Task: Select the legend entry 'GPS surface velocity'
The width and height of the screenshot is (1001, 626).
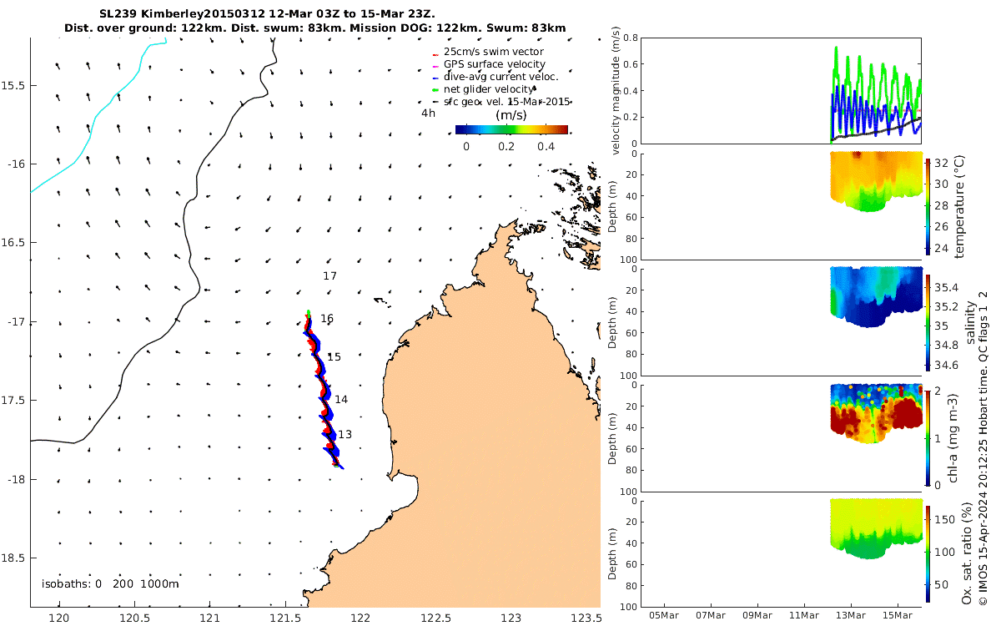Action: tap(494, 64)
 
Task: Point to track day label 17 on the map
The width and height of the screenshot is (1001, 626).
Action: tap(329, 275)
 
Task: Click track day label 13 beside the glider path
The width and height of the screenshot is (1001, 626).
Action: tap(345, 434)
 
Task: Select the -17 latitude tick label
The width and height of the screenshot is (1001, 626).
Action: tap(16, 322)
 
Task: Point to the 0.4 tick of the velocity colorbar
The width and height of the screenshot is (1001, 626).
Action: tap(546, 147)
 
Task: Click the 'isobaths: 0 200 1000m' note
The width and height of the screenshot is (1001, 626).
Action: tap(110, 583)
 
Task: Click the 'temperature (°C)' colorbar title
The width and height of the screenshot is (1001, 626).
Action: tap(959, 205)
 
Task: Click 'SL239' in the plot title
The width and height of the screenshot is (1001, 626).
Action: tap(118, 14)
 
